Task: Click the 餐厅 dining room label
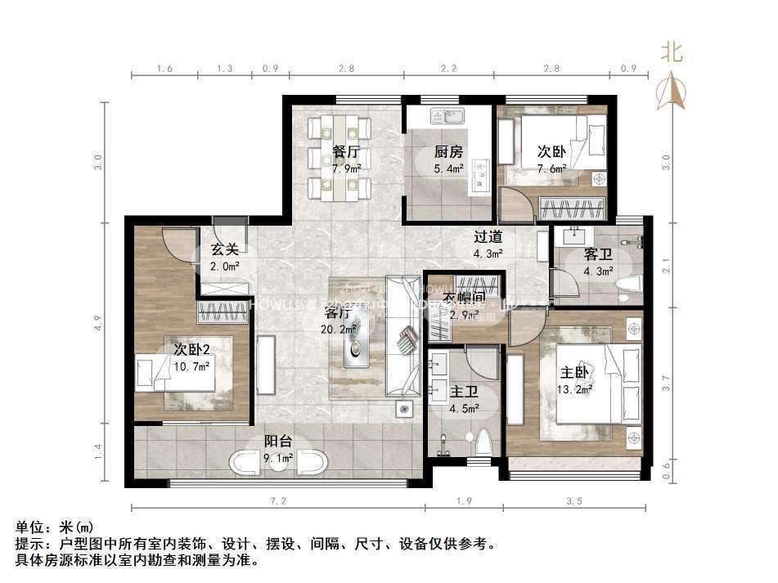[x=346, y=152]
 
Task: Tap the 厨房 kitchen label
[x=448, y=152]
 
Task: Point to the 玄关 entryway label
[x=224, y=249]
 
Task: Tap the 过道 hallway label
[x=488, y=237]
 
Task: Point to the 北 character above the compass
[x=672, y=54]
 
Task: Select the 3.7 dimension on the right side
[x=666, y=380]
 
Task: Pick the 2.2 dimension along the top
[x=449, y=68]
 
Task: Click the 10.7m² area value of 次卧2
[x=191, y=366]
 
